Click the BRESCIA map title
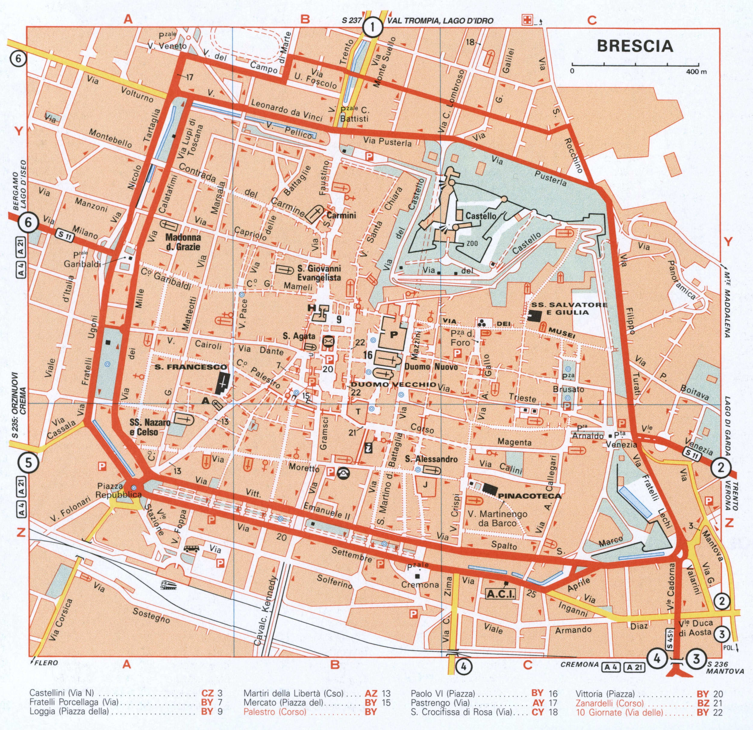[635, 46]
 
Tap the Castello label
[481, 216]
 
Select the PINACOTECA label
[530, 496]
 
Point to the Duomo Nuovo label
[431, 367]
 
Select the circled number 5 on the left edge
[29, 463]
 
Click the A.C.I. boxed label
[501, 594]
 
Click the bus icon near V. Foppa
[191, 549]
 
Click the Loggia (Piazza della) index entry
[69, 711]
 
